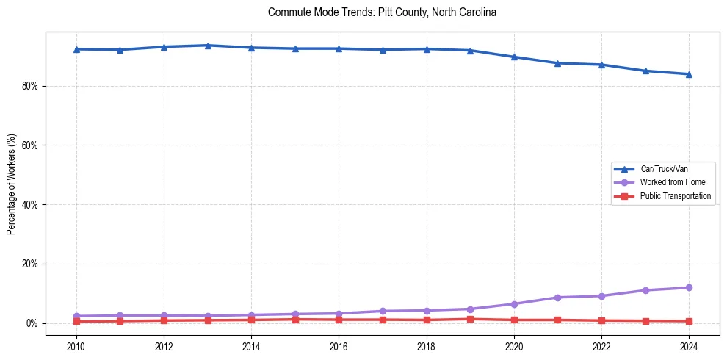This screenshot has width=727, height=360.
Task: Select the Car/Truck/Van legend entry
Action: point(664,169)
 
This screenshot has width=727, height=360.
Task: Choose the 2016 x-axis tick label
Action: point(339,346)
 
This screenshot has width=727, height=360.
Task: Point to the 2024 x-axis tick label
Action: point(689,346)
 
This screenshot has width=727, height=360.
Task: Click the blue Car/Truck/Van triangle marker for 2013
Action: point(208,46)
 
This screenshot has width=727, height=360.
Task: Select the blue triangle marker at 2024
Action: point(689,74)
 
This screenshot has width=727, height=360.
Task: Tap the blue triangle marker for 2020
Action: point(514,57)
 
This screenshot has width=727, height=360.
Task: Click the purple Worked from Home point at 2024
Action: point(689,288)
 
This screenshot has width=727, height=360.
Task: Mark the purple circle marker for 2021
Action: point(558,298)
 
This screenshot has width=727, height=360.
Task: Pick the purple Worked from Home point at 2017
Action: point(383,312)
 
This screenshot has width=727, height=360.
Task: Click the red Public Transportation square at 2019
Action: point(470,319)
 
